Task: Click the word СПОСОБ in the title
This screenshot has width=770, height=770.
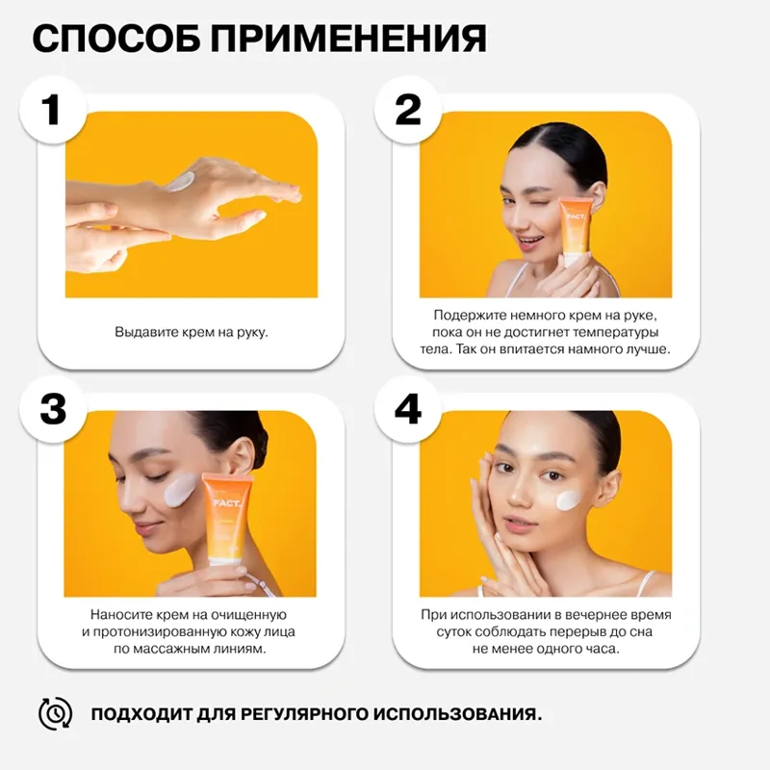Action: click(x=115, y=38)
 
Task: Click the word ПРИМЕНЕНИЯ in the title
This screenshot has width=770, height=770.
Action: click(x=349, y=38)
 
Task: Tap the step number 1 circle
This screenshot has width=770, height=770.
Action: click(x=53, y=110)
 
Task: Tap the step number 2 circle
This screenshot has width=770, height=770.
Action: click(x=408, y=110)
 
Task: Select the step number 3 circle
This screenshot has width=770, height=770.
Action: click(x=53, y=410)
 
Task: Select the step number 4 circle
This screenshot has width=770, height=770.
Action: click(x=408, y=410)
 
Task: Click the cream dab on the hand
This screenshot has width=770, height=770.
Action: click(x=180, y=182)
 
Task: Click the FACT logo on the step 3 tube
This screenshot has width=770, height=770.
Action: click(x=227, y=503)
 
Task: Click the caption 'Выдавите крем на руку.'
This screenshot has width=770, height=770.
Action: click(x=192, y=332)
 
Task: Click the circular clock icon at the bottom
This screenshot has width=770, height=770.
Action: click(x=56, y=713)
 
